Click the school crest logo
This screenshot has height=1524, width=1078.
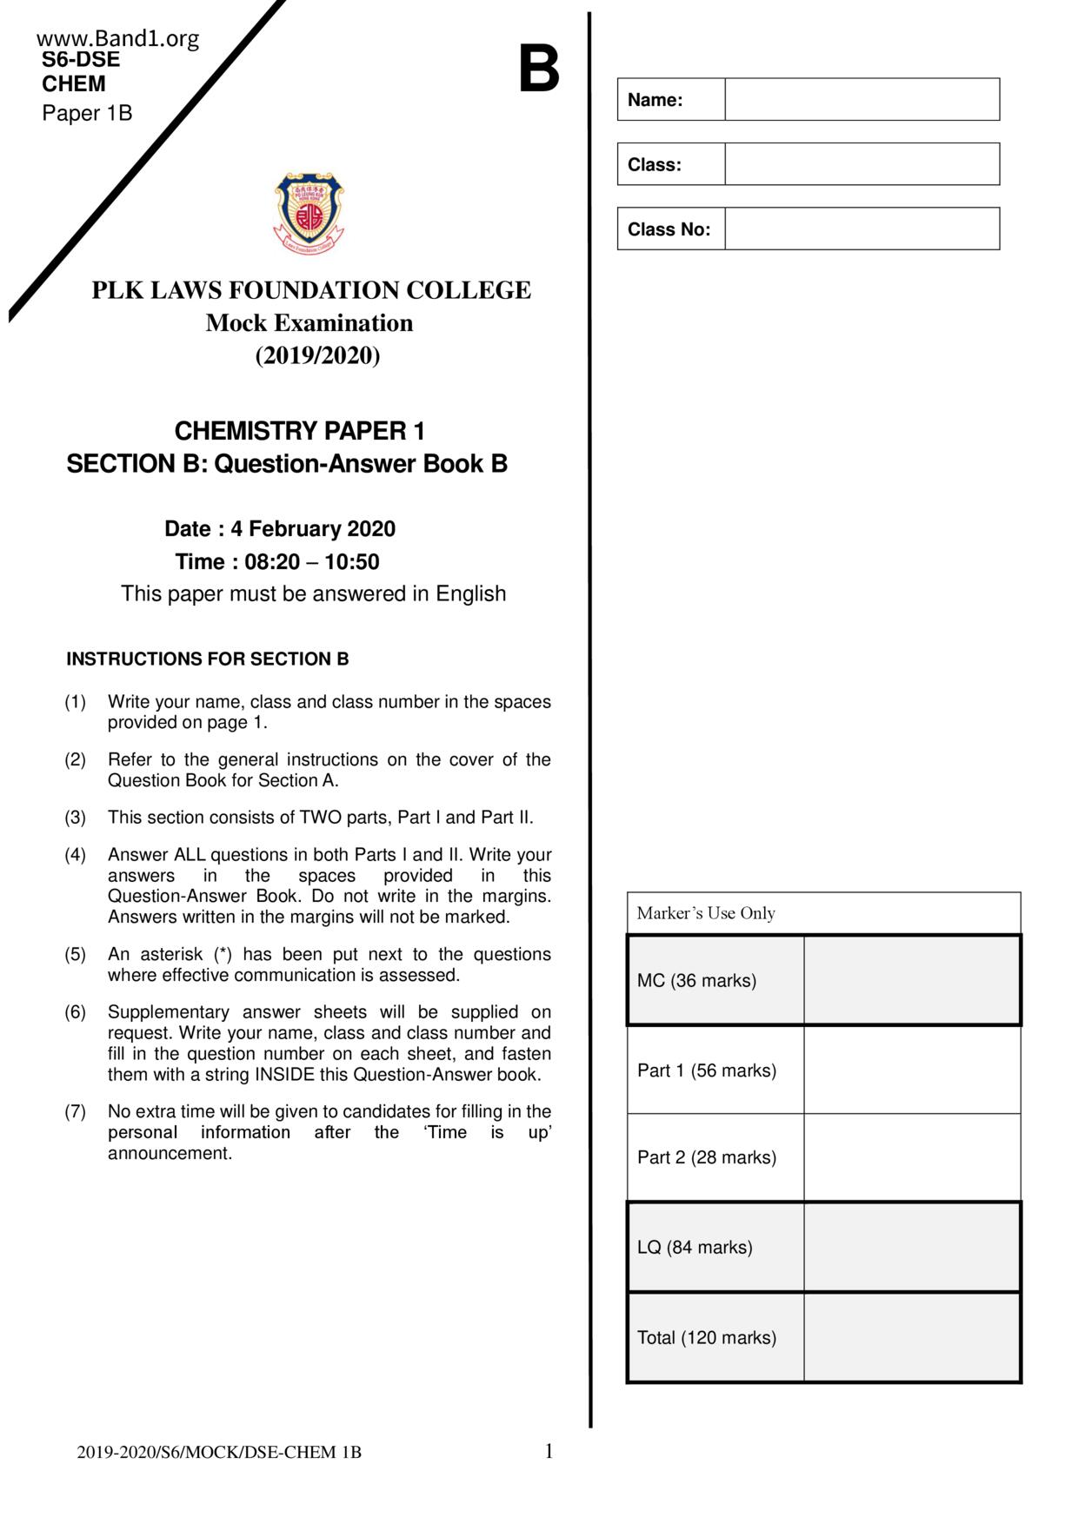(x=309, y=213)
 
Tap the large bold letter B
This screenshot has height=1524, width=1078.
(x=539, y=70)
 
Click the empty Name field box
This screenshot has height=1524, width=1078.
(x=862, y=99)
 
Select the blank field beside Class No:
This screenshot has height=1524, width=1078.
(x=862, y=229)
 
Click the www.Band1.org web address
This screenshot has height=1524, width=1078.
(x=118, y=38)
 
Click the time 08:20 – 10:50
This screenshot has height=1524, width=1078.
(x=312, y=562)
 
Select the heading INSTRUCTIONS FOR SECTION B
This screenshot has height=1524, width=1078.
(x=208, y=659)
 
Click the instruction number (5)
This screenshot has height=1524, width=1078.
(x=76, y=954)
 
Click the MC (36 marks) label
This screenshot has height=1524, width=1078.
(x=696, y=981)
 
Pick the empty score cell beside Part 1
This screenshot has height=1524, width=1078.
(x=911, y=1070)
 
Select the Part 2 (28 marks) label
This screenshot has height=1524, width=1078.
(x=707, y=1157)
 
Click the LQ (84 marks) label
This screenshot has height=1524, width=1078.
(x=695, y=1248)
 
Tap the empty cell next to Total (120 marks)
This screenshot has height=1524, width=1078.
(x=911, y=1337)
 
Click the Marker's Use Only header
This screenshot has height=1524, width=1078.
(x=706, y=913)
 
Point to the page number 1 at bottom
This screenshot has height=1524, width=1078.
(x=549, y=1451)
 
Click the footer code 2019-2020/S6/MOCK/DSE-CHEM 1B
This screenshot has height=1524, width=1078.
(x=219, y=1453)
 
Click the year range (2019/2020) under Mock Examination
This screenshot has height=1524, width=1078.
(x=317, y=356)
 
